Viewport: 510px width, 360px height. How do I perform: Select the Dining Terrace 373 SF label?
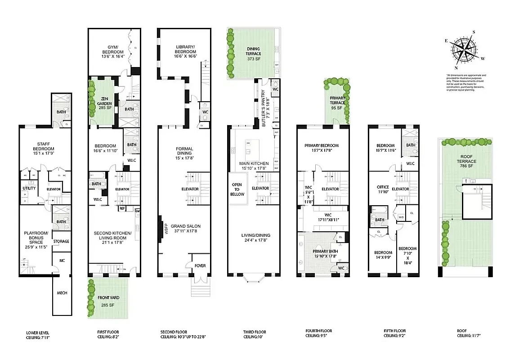pyautogui.click(x=254, y=51)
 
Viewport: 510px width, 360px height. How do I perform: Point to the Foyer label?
pyautogui.click(x=200, y=265)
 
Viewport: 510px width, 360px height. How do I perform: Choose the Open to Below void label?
pyautogui.click(x=237, y=189)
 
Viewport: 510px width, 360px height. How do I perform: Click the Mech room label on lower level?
pyautogui.click(x=62, y=293)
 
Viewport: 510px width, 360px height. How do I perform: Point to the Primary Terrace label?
pyautogui.click(x=338, y=103)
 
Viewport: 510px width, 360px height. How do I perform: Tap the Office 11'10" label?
pyautogui.click(x=382, y=189)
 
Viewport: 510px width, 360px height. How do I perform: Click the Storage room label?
pyautogui.click(x=61, y=242)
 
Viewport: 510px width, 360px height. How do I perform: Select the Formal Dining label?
pyautogui.click(x=184, y=151)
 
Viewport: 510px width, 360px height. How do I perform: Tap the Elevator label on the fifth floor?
pyautogui.click(x=400, y=189)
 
